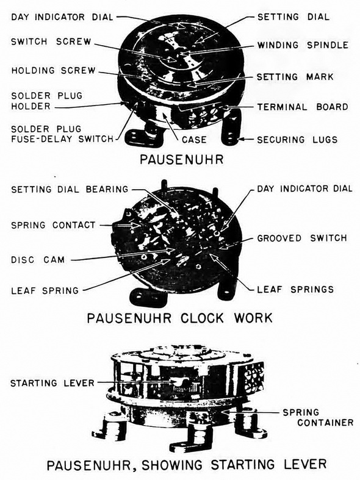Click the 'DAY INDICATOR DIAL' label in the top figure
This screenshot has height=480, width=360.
point(62,17)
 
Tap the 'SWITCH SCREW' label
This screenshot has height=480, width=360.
point(51,41)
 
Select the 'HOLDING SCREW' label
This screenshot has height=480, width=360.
point(54,70)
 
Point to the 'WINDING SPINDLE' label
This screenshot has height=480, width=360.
point(303,45)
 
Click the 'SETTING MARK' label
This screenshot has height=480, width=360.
point(295,76)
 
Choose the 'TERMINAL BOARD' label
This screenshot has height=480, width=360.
point(303,107)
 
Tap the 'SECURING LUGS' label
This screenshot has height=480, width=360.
point(297,140)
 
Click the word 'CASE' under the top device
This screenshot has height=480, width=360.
point(194,140)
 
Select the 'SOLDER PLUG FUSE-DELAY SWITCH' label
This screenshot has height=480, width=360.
point(62,134)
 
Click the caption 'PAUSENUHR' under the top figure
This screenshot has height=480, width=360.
point(182,159)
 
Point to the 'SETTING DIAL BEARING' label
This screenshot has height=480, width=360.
point(70,189)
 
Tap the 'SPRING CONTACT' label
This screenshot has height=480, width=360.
point(53,225)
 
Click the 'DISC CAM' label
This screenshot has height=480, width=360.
point(38,260)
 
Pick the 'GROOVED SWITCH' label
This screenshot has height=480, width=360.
point(302,238)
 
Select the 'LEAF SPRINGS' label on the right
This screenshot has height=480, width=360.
point(295,289)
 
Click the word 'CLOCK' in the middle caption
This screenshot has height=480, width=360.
point(203,318)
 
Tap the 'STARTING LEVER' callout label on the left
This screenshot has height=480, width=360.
point(52,383)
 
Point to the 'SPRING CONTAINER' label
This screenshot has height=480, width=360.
point(318,418)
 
